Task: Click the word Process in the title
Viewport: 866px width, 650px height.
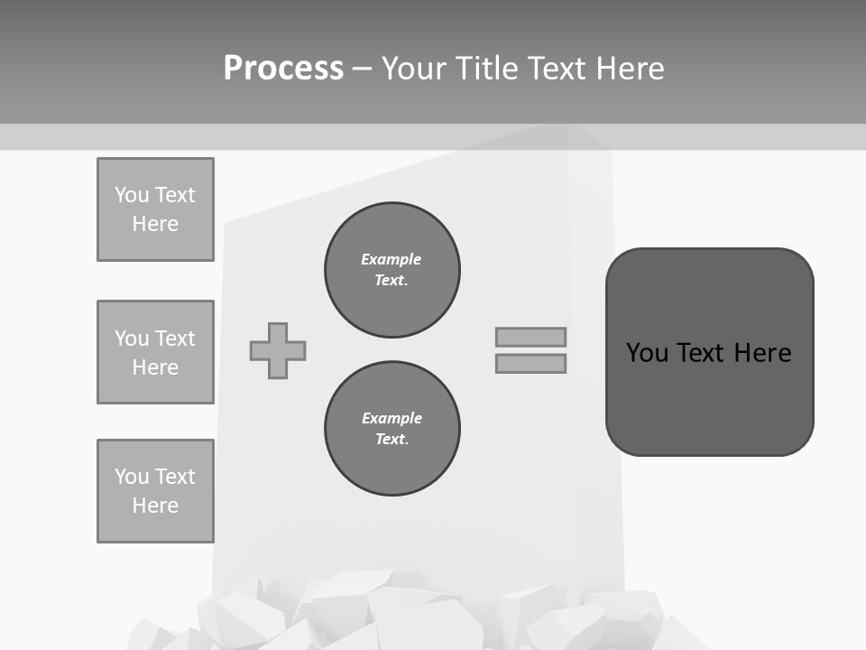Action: tap(283, 69)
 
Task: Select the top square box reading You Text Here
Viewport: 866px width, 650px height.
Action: tap(155, 209)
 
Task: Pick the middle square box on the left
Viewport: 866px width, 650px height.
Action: tap(155, 352)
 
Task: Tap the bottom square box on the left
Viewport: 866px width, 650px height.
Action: tap(155, 491)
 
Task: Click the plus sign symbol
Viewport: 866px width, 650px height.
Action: tap(278, 350)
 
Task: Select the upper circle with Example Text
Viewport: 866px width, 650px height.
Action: tap(392, 270)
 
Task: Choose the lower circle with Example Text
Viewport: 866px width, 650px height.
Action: tap(392, 429)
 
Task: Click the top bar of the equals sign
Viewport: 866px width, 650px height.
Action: tap(530, 337)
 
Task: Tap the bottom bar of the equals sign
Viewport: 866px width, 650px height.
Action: tap(530, 363)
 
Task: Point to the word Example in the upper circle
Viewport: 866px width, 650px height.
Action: tap(391, 259)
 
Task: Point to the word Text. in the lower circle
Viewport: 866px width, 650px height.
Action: tap(392, 440)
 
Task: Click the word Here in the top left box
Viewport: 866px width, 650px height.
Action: tap(155, 224)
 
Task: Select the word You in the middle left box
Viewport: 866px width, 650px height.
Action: tap(131, 339)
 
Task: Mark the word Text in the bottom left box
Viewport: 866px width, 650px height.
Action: tap(174, 477)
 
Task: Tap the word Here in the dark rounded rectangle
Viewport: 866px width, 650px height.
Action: tap(762, 353)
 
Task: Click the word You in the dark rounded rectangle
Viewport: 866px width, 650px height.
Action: tap(648, 353)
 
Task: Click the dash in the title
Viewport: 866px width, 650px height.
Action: tap(362, 69)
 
